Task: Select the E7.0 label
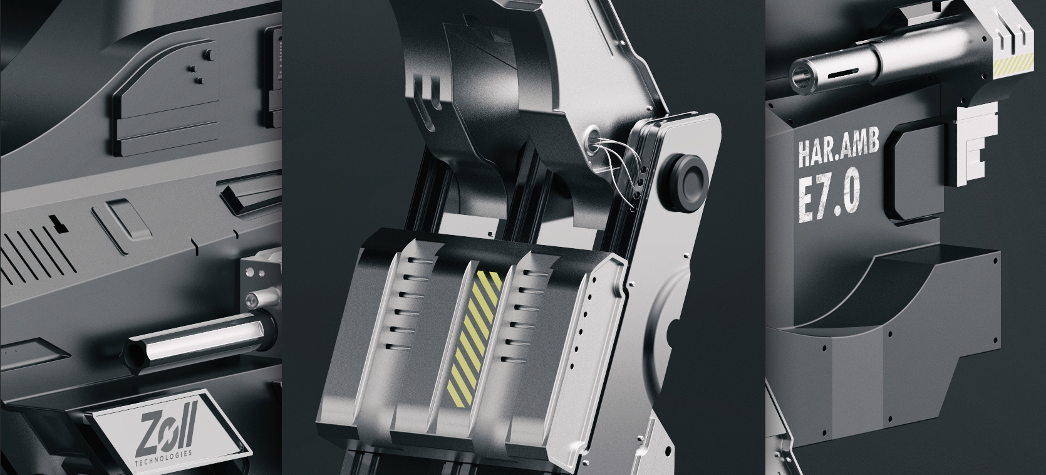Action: point(828,194)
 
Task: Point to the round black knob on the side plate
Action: point(684,177)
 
